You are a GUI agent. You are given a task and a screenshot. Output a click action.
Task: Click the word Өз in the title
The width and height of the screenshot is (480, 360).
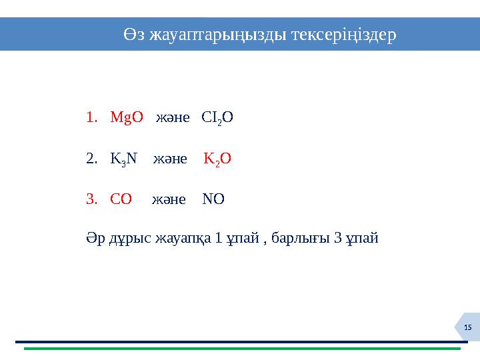coord(134,34)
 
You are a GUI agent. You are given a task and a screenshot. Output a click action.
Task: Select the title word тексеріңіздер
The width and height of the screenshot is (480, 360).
coord(344,34)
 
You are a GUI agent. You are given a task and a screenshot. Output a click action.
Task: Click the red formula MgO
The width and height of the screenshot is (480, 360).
coord(127,118)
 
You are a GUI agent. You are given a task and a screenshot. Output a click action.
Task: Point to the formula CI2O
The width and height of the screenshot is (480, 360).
coord(217,118)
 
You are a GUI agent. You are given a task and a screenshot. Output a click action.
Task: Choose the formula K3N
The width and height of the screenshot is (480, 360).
coord(123,159)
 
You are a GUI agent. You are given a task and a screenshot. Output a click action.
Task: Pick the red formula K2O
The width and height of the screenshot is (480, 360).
coord(217,159)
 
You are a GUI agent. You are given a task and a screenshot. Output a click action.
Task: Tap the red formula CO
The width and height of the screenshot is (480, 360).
coord(121,199)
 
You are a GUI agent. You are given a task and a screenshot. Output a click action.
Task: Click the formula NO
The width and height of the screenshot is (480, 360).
coord(213,199)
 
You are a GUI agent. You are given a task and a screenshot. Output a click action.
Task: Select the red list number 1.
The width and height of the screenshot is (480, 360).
coord(91,118)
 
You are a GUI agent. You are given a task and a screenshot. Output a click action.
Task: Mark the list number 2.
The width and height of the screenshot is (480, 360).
coord(91,159)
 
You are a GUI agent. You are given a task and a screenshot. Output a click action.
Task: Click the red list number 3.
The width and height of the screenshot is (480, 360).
coord(91,199)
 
